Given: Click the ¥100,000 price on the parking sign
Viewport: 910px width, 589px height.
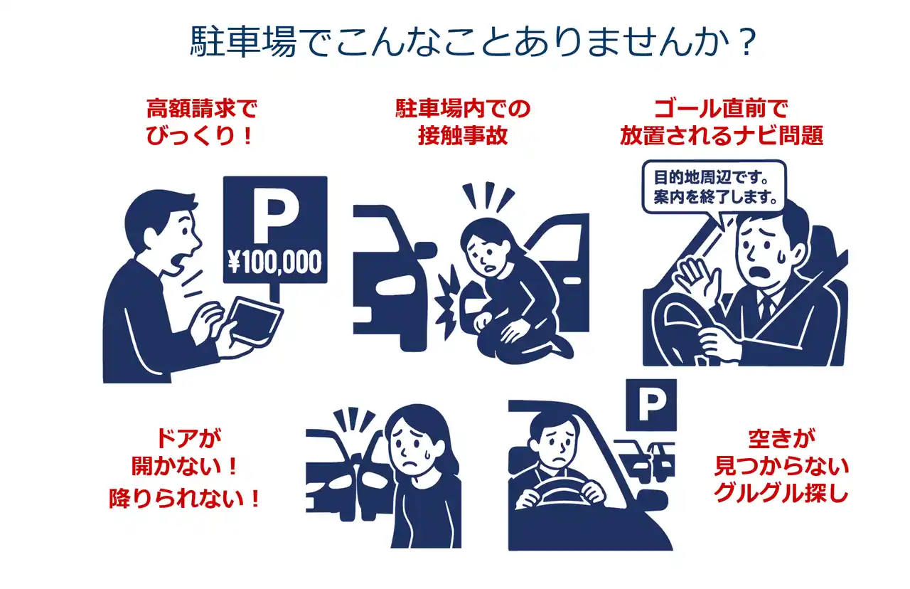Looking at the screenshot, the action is [274, 262].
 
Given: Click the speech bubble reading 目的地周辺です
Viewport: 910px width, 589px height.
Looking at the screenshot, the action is [714, 186].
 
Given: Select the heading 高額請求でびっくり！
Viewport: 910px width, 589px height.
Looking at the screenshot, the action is [201, 122].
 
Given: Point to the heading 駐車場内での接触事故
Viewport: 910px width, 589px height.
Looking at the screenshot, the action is [463, 122].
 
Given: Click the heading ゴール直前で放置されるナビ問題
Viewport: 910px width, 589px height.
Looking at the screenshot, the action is [722, 122].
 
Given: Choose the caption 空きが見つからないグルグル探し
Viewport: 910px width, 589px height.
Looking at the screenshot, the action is [781, 466].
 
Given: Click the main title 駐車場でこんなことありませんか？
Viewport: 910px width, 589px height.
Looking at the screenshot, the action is [473, 41].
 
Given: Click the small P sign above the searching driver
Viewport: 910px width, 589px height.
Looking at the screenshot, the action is [651, 405].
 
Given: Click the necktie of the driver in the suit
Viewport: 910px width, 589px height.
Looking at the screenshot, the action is [766, 308].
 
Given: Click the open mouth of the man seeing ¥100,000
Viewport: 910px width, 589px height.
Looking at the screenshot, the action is [178, 264].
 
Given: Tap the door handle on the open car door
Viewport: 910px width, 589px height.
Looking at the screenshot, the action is [572, 281].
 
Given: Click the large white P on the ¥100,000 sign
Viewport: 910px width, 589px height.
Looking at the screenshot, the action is [274, 215].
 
